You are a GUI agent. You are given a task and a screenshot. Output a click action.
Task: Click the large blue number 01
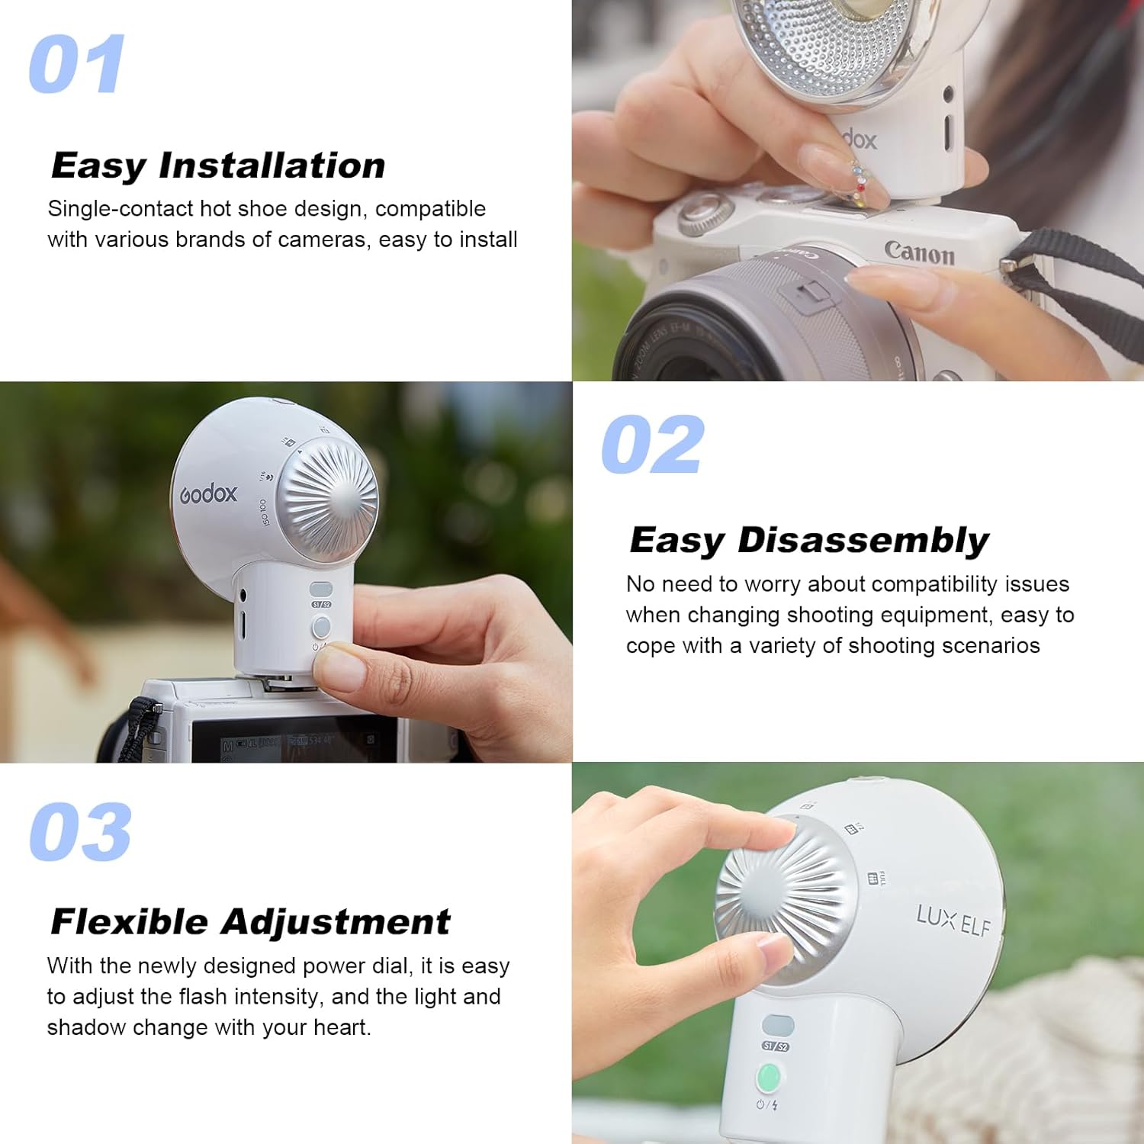76,65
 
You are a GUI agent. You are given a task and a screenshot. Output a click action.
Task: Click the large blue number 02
652,445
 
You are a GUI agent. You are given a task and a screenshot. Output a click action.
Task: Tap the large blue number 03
80,832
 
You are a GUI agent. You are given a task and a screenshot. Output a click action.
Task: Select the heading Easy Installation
218,165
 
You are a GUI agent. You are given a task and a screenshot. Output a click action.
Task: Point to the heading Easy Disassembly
808,541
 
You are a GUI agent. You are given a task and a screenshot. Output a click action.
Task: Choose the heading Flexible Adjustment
250,922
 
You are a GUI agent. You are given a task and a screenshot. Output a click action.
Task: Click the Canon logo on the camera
919,252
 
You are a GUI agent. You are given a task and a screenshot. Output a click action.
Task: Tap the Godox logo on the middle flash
208,494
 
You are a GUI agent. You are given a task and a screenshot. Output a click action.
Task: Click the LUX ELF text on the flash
953,921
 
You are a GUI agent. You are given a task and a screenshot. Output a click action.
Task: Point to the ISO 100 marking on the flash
264,513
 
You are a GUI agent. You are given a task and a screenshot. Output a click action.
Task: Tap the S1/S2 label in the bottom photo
776,1046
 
